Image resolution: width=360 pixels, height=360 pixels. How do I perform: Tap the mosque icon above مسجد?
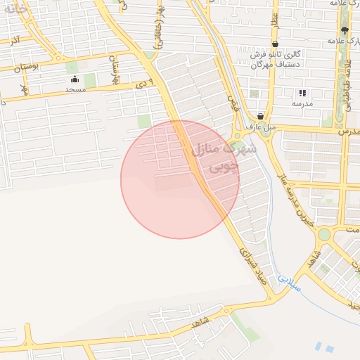click(75, 79)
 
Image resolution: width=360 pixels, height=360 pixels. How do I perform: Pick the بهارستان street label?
click(112, 68)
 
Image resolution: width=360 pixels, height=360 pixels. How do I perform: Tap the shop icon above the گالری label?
click(274, 44)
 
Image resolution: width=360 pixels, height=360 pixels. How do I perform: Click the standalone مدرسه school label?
click(302, 103)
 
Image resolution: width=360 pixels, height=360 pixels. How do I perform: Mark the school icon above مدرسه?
click(302, 92)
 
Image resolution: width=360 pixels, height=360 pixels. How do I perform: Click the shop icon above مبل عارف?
click(261, 116)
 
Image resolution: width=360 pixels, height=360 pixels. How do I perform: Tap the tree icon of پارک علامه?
click(344, 30)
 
